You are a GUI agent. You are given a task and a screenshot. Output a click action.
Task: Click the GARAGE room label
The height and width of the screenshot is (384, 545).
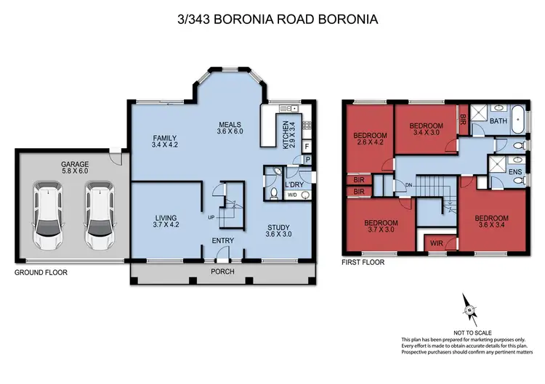[x=75, y=164]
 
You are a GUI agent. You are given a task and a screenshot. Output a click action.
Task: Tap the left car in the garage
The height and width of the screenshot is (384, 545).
[x=48, y=216]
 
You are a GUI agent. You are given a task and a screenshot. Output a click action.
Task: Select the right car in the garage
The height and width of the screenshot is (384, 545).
[x=100, y=216]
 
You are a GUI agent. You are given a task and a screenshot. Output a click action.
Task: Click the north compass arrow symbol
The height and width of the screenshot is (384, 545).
[x=469, y=310]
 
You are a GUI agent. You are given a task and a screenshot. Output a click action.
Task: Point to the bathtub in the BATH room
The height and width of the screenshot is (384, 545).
[x=518, y=119]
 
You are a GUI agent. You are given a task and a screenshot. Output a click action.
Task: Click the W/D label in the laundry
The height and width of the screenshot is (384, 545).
[x=292, y=195]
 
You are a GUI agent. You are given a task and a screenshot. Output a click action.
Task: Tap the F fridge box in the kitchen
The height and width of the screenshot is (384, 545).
[x=307, y=147]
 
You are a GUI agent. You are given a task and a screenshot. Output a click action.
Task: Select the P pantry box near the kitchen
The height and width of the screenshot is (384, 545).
[x=307, y=160]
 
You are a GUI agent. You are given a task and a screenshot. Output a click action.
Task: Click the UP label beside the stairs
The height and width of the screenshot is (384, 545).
[x=211, y=218]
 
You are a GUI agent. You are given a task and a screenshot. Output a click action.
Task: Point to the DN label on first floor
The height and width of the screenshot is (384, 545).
[x=408, y=185]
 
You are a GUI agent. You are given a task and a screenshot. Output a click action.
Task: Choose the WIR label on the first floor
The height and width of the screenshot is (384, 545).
[x=437, y=243]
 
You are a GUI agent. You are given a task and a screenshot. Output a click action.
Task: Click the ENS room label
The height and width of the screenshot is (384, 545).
[x=515, y=172]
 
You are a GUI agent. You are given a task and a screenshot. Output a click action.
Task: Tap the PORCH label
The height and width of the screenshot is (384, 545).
[x=222, y=271]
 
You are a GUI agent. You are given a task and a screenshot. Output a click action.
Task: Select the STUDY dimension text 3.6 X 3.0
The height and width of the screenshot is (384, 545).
[x=278, y=234]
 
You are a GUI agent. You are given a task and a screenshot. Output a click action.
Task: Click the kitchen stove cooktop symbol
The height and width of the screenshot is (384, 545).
[x=307, y=125]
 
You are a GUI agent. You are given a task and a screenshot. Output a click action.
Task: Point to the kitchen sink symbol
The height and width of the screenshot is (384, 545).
[x=288, y=109]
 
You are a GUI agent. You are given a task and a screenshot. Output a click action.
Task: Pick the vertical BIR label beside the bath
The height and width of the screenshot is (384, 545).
[x=463, y=120]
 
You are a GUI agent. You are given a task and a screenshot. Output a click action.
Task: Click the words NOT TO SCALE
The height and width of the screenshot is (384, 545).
[x=472, y=332]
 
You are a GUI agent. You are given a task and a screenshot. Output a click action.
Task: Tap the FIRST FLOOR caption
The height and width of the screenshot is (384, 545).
[x=363, y=263]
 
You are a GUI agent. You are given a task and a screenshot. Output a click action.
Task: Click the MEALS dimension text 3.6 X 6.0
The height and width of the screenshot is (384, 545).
[x=230, y=131]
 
